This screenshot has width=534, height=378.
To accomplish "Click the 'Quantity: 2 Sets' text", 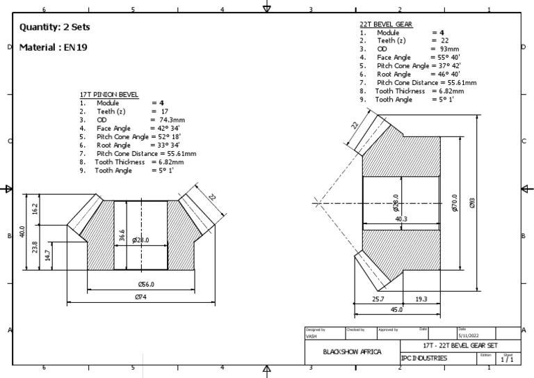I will click(x=55, y=27).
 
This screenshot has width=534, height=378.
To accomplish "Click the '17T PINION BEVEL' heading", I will click(x=109, y=94).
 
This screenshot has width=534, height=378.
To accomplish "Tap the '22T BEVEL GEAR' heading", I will click(x=386, y=24).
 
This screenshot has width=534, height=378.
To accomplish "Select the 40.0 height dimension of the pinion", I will click(x=23, y=230).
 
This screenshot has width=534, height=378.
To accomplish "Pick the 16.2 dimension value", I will click(x=35, y=208).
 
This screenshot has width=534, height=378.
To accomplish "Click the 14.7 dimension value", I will click(x=48, y=255).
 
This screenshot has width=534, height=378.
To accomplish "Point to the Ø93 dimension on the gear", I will click(x=473, y=203).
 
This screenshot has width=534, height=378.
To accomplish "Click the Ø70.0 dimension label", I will click(x=455, y=203).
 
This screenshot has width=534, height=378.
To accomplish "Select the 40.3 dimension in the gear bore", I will click(x=401, y=219).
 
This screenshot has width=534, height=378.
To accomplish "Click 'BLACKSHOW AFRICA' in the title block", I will click(x=353, y=352).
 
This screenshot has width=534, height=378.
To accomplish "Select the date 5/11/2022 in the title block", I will click(x=469, y=336).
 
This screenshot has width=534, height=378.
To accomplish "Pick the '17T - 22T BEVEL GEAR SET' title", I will click(x=460, y=345).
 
